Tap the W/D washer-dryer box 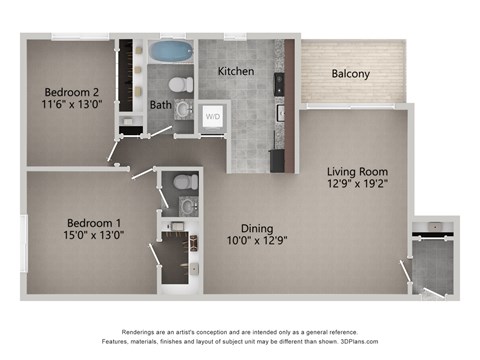click(x=213, y=117)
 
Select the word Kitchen click(x=236, y=72)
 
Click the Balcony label click(x=351, y=74)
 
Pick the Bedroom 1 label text click(x=94, y=222)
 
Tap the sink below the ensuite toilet click(x=187, y=207)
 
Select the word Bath click(x=161, y=105)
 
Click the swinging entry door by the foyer click(x=406, y=275)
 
